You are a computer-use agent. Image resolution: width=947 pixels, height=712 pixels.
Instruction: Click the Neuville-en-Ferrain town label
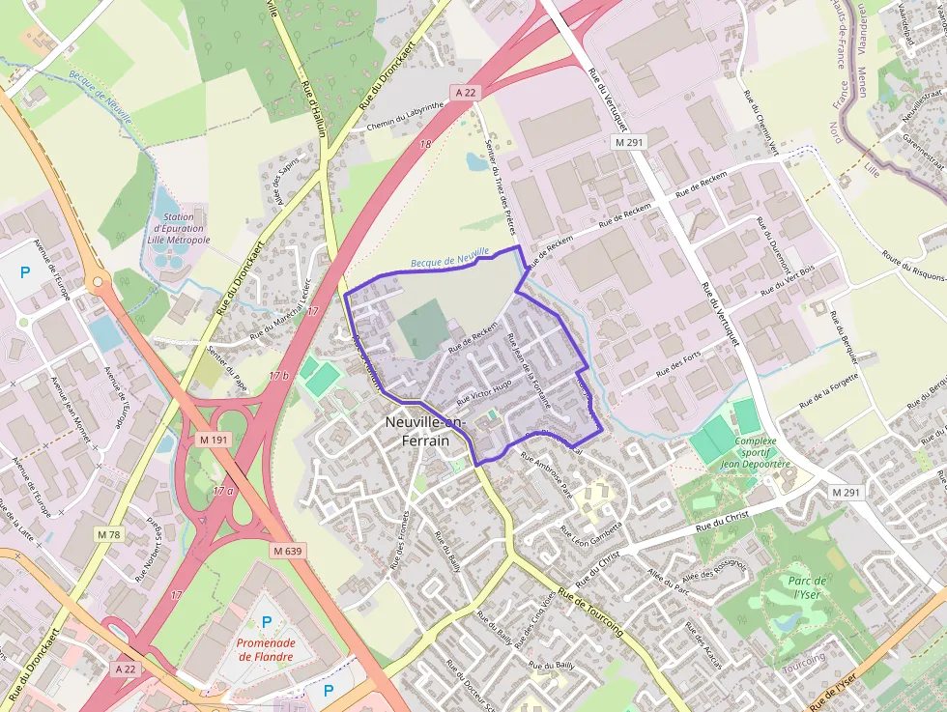tap(425, 431)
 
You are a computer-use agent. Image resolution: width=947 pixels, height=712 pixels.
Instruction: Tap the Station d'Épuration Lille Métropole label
tap(181, 228)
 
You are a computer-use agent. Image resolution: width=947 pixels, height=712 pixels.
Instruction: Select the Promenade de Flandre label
tap(266, 649)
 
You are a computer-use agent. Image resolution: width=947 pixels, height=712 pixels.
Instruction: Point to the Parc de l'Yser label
tap(807, 588)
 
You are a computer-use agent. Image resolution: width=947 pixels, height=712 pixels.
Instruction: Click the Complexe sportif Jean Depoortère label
tap(756, 453)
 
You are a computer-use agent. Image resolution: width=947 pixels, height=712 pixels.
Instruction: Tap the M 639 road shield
tap(288, 551)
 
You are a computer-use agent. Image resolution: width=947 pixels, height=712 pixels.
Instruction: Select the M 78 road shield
tap(109, 534)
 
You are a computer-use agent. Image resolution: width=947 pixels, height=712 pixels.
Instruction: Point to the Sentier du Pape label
tap(227, 370)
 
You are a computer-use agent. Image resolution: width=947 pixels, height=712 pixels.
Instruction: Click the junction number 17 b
tap(278, 376)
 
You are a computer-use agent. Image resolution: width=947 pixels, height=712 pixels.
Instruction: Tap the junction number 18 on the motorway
tap(425, 144)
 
